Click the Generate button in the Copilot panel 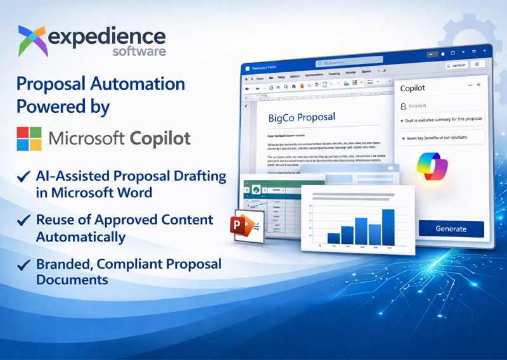(x=451, y=229)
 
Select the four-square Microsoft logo (x=29, y=138)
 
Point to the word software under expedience (x=139, y=51)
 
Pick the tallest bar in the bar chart (x=388, y=226)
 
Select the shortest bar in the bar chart (x=333, y=238)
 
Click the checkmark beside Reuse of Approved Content (x=23, y=221)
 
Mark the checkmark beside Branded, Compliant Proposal (x=23, y=264)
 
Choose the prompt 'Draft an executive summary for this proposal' (x=441, y=120)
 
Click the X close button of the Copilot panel (x=478, y=85)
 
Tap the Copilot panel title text (x=413, y=87)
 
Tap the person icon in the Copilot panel (x=402, y=106)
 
